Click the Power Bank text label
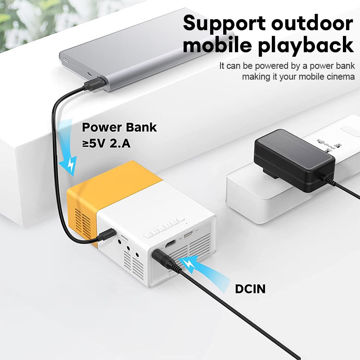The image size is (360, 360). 119,127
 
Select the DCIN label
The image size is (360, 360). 250,288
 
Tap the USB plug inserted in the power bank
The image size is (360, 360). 92,85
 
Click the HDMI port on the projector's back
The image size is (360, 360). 171,244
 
